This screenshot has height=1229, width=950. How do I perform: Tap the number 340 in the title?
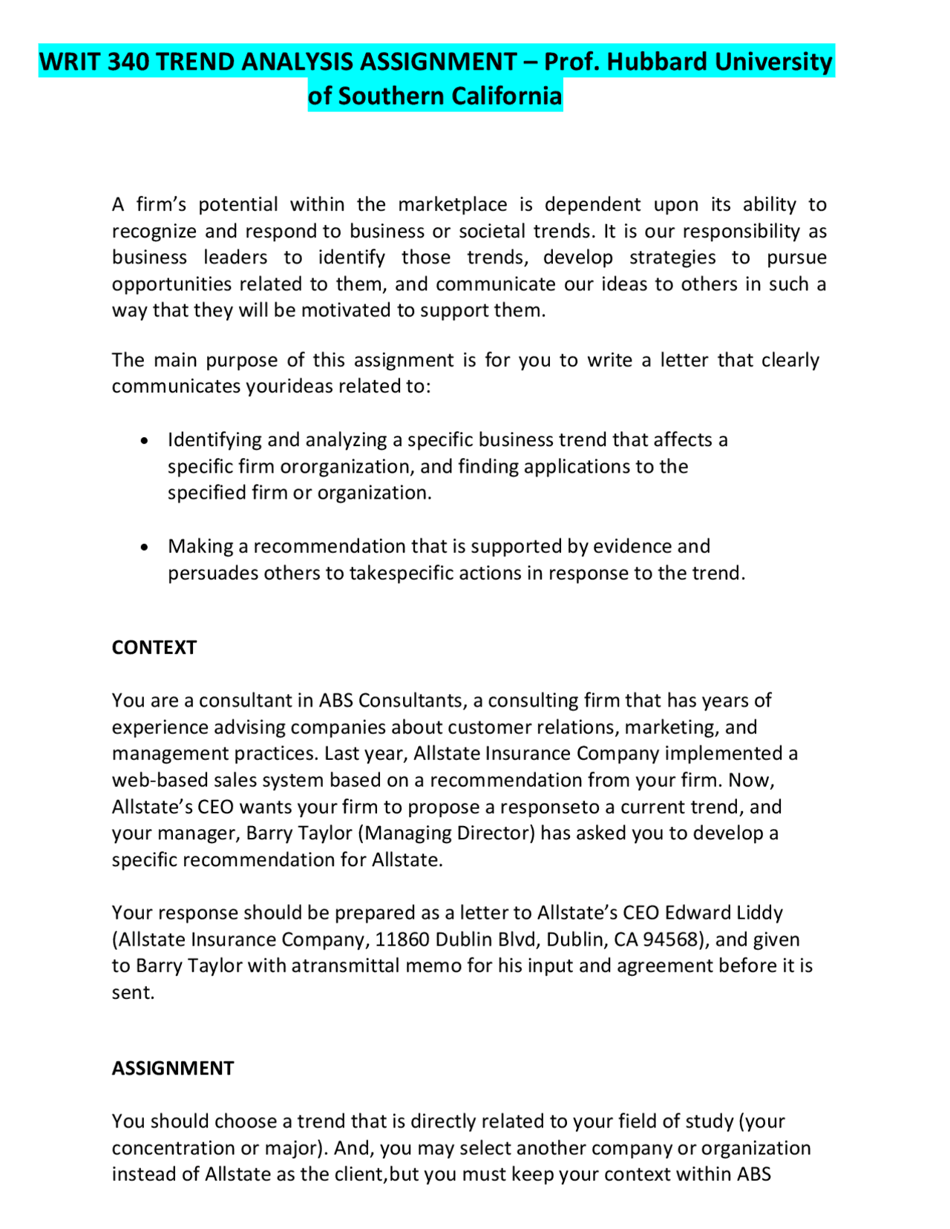129,62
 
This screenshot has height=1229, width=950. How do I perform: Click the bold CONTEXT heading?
154,647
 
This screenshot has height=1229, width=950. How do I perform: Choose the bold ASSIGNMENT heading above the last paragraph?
172,1068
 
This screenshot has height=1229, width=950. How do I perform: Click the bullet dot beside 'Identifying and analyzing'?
145,441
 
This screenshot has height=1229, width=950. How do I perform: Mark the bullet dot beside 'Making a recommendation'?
145,548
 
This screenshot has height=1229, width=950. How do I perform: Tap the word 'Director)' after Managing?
495,833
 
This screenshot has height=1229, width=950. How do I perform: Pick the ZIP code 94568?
671,939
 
